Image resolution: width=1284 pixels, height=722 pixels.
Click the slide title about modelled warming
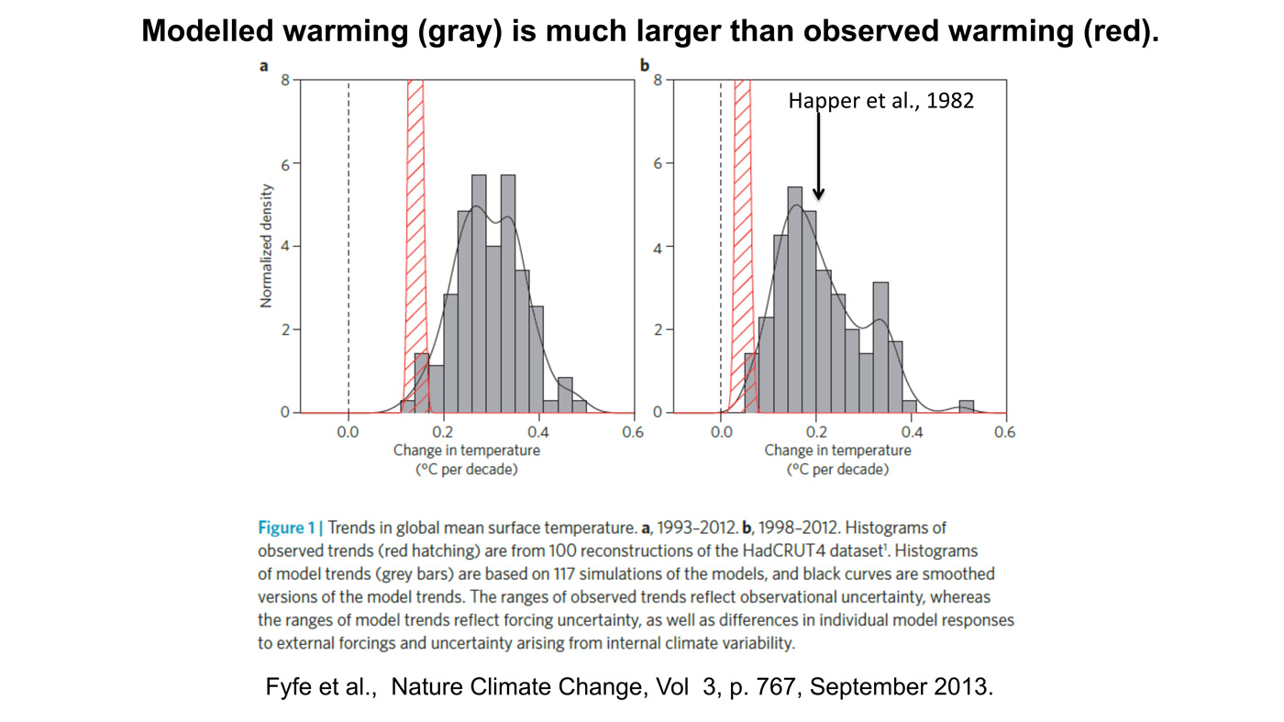coord(650,32)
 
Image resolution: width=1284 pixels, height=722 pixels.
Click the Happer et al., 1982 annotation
coord(880,101)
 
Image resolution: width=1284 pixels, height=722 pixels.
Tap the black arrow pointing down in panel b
coord(818,156)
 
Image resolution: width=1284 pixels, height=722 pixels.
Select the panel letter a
coord(264,66)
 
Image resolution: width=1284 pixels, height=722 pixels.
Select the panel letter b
coord(645,66)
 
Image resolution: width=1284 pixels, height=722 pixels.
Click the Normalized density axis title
coord(267,245)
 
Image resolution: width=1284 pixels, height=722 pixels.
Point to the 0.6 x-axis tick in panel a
coord(633,432)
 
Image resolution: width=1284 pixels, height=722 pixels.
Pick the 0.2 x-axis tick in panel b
coord(816,432)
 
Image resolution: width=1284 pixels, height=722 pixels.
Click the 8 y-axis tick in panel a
coord(285,80)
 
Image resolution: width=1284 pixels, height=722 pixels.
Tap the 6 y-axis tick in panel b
coord(658,163)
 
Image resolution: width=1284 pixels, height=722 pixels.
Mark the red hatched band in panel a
coord(415,248)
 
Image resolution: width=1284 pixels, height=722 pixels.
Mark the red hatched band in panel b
coord(742,248)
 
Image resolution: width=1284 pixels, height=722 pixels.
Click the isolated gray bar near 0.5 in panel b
coord(966,406)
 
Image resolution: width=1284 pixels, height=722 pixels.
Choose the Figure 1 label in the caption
coord(292,528)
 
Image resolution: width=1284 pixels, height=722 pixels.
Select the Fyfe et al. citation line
coord(629,687)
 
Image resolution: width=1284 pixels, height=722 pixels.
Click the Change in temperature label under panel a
coord(467,450)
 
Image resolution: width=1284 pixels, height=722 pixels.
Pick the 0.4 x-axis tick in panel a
coord(538,432)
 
